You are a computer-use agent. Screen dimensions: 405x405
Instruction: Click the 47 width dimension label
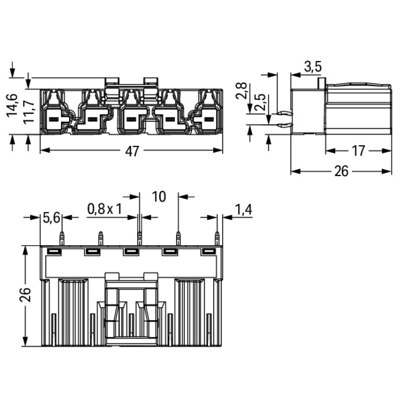point(132,151)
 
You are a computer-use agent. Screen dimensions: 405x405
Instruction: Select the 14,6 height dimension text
point(12,106)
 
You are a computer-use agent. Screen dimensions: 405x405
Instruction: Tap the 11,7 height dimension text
point(29,112)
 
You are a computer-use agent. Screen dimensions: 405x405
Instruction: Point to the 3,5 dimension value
point(313,67)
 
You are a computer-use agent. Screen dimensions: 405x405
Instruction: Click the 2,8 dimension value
point(241,91)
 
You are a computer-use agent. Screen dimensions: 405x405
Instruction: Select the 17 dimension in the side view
point(359,151)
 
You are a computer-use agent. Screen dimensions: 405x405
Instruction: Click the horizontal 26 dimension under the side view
point(341,171)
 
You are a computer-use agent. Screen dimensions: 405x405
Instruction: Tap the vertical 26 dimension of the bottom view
point(25,294)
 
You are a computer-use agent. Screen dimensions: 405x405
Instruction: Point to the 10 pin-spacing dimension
point(159,197)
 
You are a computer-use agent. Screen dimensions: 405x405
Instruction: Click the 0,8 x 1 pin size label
point(105,209)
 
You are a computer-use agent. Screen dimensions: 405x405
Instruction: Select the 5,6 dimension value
point(51,218)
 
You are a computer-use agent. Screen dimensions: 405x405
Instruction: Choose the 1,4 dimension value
point(243,209)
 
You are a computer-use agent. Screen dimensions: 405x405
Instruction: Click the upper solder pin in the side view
point(285,113)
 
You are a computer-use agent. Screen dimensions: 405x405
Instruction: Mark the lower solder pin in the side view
point(285,125)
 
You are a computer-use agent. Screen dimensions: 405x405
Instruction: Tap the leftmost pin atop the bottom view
point(62,238)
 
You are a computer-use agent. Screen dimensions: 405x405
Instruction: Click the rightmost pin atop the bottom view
point(217,238)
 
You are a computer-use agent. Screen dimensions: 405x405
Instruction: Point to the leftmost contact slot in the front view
point(53,119)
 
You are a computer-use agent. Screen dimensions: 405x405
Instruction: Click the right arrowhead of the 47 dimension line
point(218,150)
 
